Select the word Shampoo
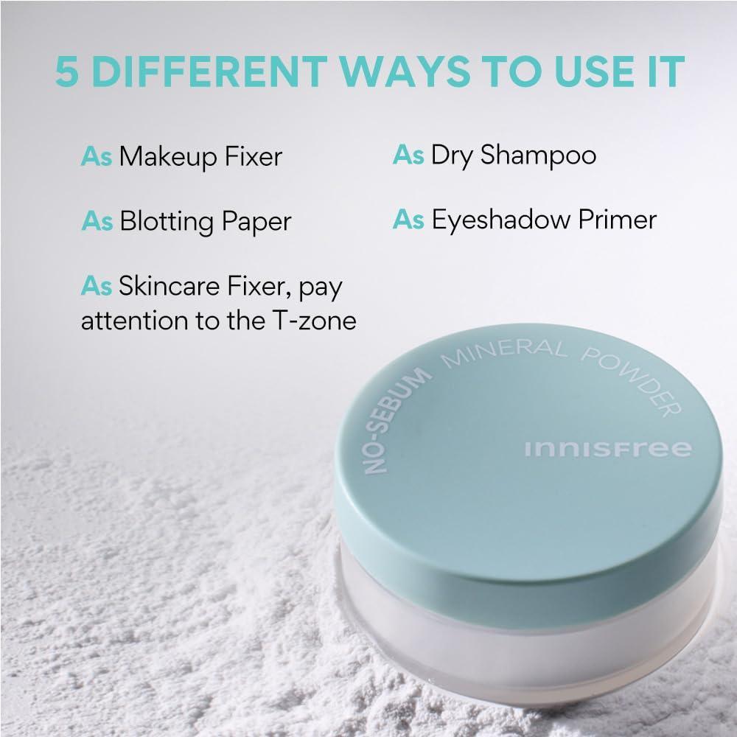(538, 156)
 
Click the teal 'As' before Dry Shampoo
(408, 156)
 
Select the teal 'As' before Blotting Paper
(96, 221)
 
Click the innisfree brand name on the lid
(608, 449)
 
